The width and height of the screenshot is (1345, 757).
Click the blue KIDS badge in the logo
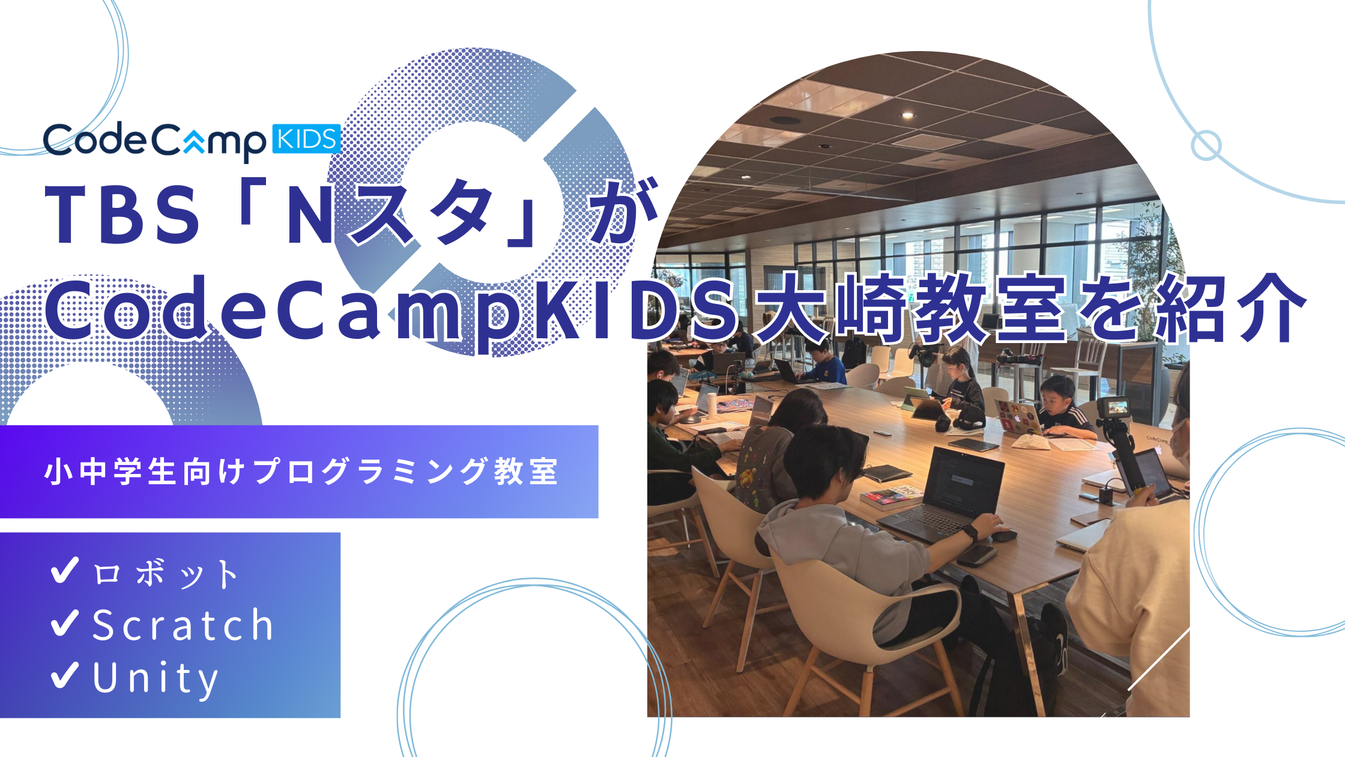coord(306,139)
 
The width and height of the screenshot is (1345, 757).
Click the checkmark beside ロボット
coord(65,570)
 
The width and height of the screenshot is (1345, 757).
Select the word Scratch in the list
coord(183,625)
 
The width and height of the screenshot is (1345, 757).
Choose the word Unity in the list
coord(156,678)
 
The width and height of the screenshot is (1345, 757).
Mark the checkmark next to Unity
coord(65,675)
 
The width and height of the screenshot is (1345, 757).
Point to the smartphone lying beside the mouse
coord(976,555)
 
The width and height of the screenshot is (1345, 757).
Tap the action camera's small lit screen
coord(1116,406)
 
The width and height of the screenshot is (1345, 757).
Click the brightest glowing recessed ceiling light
coord(907,115)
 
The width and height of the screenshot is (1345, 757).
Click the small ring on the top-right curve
coord(1206,145)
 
